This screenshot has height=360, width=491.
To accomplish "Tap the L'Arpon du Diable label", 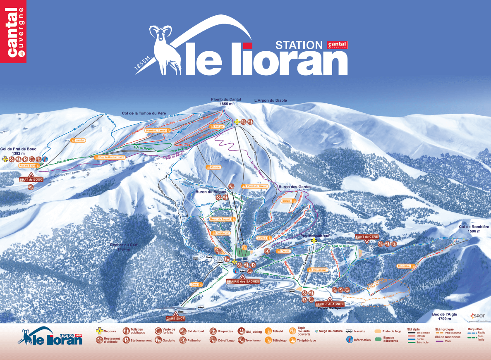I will click(270, 100).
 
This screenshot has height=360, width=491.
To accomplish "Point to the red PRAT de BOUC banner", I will click(31, 179).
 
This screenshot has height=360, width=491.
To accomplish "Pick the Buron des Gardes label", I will click(295, 187).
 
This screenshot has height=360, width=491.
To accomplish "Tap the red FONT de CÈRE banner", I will click(366, 236).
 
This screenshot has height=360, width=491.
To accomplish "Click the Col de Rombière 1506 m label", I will click(474, 229).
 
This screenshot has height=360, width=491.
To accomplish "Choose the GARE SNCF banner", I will click(176, 319).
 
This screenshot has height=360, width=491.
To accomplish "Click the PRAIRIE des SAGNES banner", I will click(243, 281).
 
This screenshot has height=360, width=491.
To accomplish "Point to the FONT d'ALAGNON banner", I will click(330, 304).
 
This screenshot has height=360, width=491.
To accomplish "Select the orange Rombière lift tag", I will click(404, 266).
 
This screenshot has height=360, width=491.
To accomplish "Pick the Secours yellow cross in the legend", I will click(99, 331).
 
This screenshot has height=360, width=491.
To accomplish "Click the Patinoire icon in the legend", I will click(183, 340).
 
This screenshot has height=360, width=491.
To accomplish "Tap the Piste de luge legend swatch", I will click(378, 331).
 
